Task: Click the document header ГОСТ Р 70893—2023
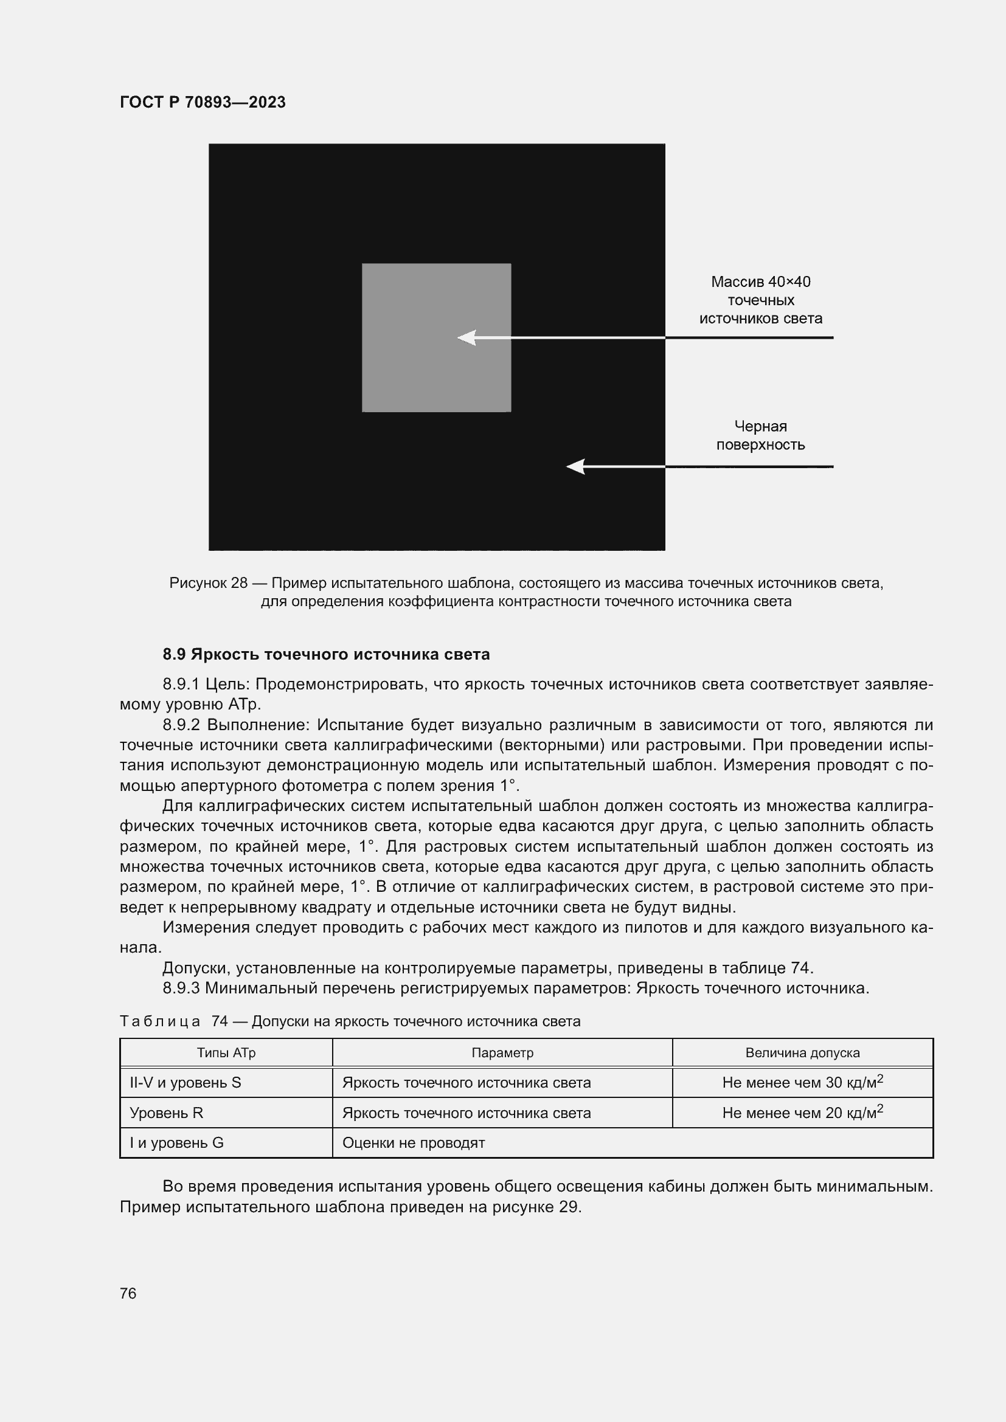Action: [x=203, y=102]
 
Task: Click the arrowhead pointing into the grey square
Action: [x=466, y=337]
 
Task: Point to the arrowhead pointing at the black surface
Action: [x=575, y=466]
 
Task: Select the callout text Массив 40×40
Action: [x=760, y=282]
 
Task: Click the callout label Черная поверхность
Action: [x=760, y=435]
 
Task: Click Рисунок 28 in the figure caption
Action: [x=208, y=583]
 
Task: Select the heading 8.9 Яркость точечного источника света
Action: [x=326, y=654]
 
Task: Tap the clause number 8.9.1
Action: [x=180, y=685]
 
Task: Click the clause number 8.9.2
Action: [x=181, y=725]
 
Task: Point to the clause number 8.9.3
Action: [x=181, y=988]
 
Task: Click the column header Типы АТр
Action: [x=226, y=1053]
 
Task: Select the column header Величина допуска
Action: [x=802, y=1053]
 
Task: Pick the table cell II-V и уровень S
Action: [x=186, y=1083]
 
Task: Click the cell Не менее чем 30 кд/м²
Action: [x=802, y=1083]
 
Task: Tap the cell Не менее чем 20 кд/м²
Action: [x=802, y=1113]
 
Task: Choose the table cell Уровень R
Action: [x=166, y=1113]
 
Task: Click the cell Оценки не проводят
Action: [x=413, y=1143]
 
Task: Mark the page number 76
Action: [x=128, y=1293]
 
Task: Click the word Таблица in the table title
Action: [x=160, y=1021]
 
